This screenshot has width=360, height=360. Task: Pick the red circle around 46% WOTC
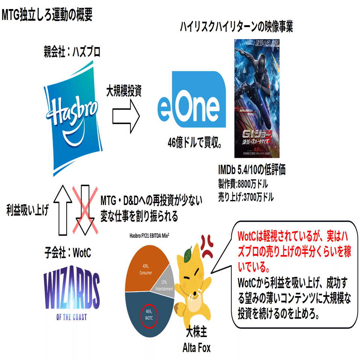point(149,314)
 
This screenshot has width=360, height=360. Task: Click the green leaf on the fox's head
point(188,250)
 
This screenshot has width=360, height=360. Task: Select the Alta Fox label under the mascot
point(196,348)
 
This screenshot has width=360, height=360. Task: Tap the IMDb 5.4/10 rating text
point(252,170)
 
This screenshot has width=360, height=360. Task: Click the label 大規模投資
point(124,92)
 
